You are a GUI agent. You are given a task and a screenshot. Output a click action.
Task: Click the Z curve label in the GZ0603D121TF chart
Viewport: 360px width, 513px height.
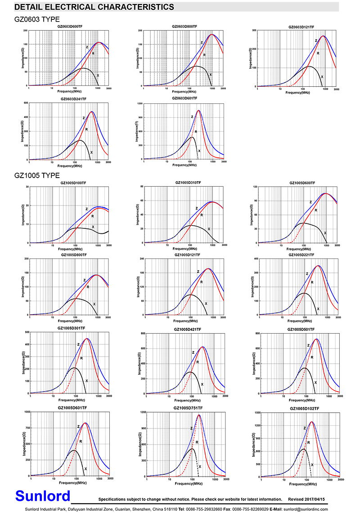coord(316,41)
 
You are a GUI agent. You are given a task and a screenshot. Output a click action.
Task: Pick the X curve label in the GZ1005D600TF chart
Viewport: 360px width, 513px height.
coord(325,233)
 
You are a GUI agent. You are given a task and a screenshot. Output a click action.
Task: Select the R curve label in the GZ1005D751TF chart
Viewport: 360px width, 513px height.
coord(197,442)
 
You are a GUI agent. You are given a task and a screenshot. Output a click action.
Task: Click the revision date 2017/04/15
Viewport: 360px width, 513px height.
coord(321,500)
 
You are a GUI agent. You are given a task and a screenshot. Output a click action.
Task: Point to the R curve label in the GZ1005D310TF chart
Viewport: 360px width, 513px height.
coord(202,215)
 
